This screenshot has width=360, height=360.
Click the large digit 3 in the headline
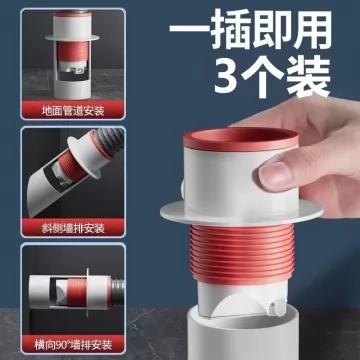[226, 75]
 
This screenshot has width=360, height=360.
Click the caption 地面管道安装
[73, 111]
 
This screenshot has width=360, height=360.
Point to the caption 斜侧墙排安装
[73, 228]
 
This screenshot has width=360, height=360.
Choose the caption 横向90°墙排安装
[73, 344]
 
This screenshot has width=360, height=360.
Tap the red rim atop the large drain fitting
[241, 140]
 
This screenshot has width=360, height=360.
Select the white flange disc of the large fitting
[241, 211]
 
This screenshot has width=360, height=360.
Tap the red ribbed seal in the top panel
[72, 51]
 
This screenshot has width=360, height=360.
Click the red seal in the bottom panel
[77, 292]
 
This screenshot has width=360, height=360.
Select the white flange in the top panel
[72, 37]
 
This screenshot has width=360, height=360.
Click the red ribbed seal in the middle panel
[72, 166]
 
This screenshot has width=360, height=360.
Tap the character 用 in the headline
[311, 29]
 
